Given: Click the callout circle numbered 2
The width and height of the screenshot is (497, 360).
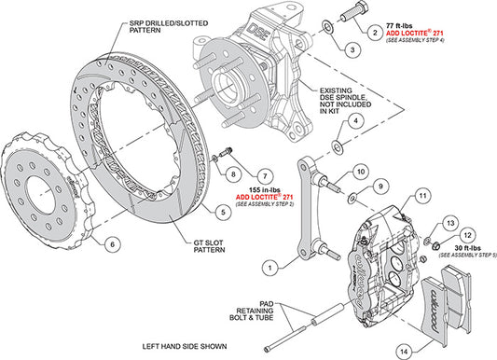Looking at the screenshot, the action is pyautogui.click(x=376, y=33).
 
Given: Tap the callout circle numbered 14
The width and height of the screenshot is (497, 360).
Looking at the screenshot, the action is pyautogui.click(x=404, y=352).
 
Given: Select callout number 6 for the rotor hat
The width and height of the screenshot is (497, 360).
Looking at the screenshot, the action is pyautogui.click(x=112, y=244).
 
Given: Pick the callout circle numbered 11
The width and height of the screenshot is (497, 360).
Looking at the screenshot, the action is pyautogui.click(x=422, y=196).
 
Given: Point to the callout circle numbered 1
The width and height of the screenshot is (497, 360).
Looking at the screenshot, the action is pyautogui.click(x=269, y=268).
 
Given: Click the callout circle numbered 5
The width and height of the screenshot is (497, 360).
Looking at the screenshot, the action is pyautogui.click(x=223, y=212).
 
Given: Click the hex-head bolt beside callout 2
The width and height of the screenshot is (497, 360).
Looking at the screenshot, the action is pyautogui.click(x=354, y=13).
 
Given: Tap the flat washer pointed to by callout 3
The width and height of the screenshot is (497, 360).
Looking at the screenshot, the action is pyautogui.click(x=327, y=27).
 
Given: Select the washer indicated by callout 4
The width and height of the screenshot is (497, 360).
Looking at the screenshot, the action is pyautogui.click(x=338, y=146).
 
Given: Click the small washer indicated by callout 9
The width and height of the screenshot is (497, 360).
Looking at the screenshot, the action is pyautogui.click(x=352, y=199).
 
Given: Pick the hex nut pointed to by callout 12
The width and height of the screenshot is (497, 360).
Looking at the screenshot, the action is pyautogui.click(x=436, y=244).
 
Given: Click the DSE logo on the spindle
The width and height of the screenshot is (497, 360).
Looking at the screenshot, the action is pyautogui.click(x=256, y=32).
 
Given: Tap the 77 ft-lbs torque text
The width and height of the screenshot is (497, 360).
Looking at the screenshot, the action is pyautogui.click(x=399, y=25).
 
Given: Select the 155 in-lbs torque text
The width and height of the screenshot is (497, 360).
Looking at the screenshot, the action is pyautogui.click(x=264, y=190).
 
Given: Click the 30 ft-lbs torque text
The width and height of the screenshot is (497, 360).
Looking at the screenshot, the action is pyautogui.click(x=467, y=248).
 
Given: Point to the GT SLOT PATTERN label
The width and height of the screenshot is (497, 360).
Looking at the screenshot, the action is pyautogui.click(x=209, y=246).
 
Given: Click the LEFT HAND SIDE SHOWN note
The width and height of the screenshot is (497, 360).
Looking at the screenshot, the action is pyautogui.click(x=185, y=346).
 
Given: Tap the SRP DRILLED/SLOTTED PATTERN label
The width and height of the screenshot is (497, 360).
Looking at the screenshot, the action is pyautogui.click(x=169, y=27).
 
